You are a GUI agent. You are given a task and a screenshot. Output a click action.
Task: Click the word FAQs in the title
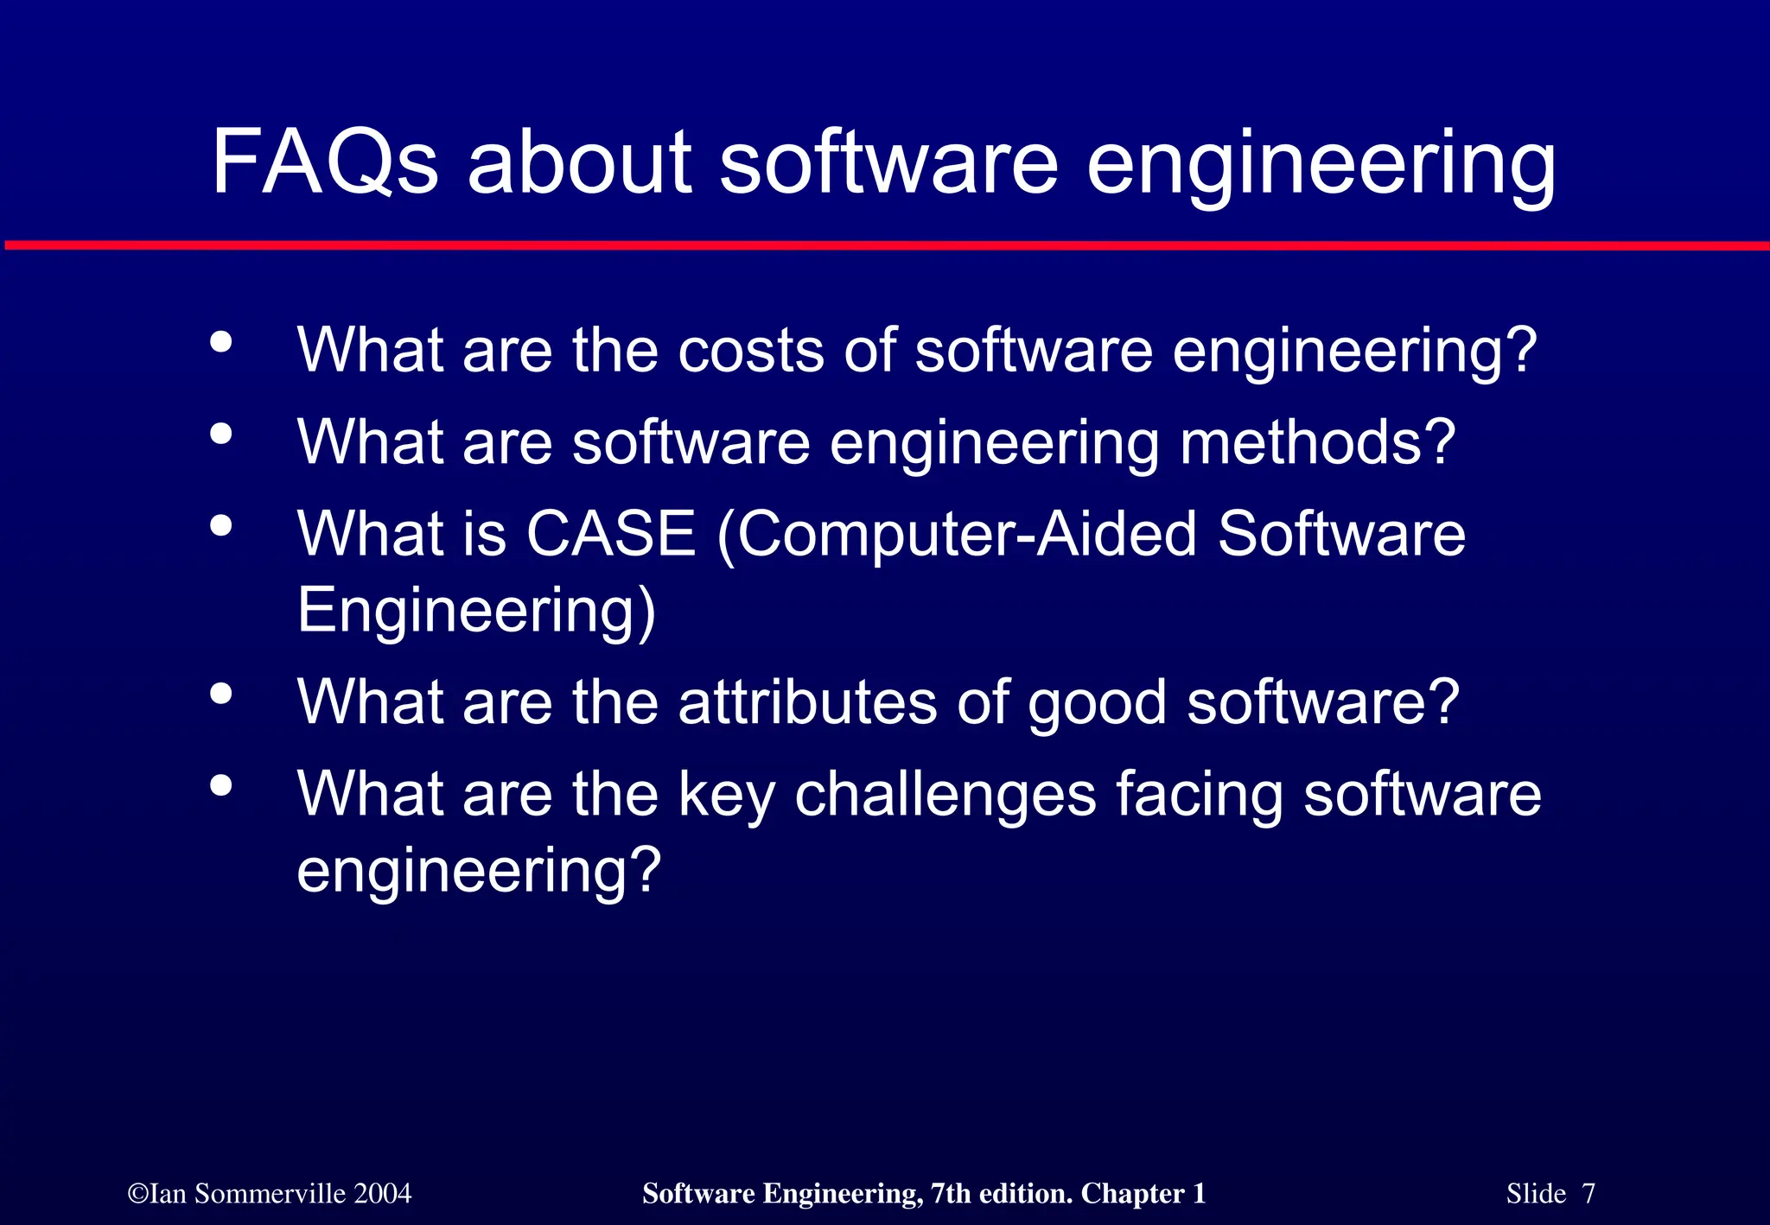pos(324,162)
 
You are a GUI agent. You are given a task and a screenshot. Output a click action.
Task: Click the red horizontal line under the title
pos(885,246)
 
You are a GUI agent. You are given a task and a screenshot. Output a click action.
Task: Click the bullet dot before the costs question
pos(221,342)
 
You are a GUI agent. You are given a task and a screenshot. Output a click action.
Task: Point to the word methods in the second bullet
pos(1317,442)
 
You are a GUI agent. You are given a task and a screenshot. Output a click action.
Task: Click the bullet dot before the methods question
pos(221,434)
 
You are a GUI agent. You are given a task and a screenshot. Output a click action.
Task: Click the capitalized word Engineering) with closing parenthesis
pos(476,611)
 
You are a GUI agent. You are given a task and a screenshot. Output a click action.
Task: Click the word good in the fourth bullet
pos(1097,703)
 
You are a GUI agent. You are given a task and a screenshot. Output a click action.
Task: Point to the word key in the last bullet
pos(726,795)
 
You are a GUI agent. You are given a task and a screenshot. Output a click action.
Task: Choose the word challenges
pos(945,795)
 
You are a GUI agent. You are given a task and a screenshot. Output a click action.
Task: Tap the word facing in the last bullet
pos(1199,795)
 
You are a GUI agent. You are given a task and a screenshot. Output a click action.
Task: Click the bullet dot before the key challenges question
pos(221,784)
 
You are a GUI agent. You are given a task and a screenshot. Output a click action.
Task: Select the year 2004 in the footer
pos(382,1194)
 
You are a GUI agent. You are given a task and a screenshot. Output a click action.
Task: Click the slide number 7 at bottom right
pos(1588,1194)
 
